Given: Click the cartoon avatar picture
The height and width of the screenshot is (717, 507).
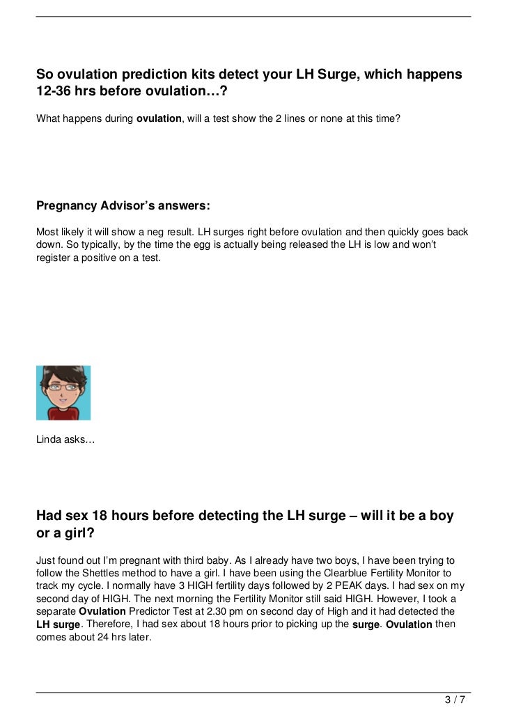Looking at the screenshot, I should coord(63,393).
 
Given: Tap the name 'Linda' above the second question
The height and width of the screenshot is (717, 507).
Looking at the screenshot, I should coord(49,440).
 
